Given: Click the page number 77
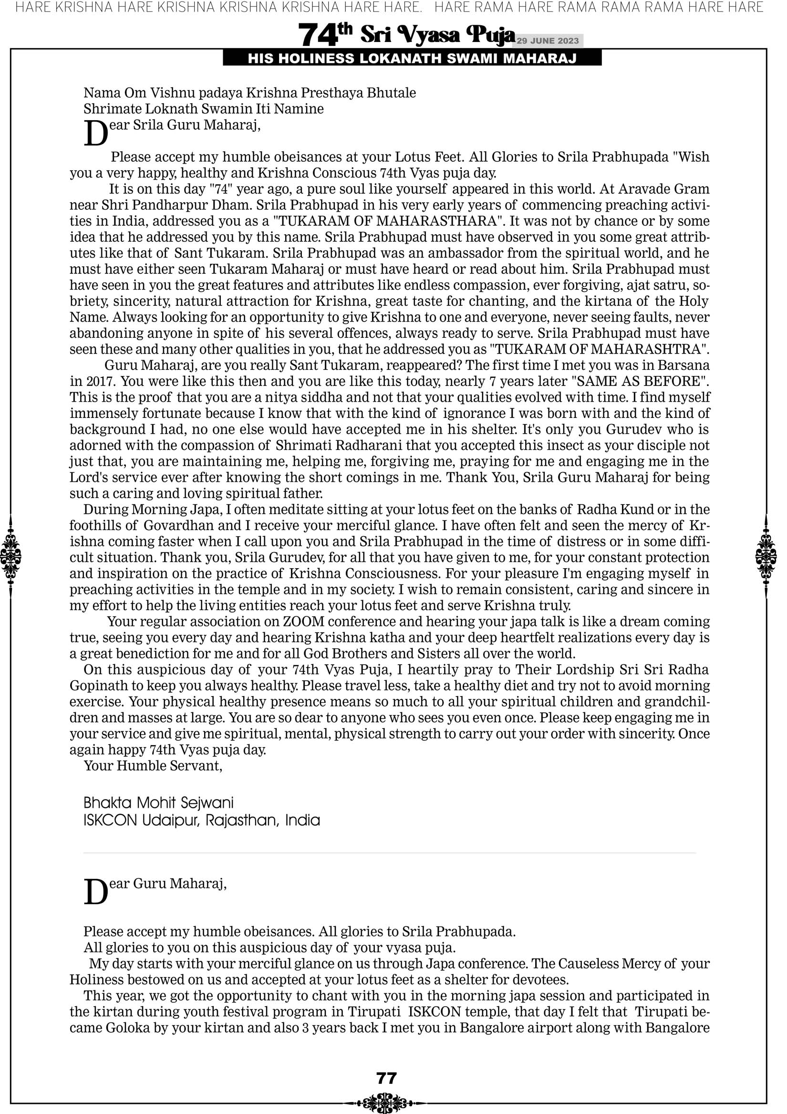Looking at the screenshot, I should click(x=386, y=1078).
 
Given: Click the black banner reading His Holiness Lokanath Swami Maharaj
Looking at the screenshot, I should click(x=412, y=59).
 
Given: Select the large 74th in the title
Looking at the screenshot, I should click(x=324, y=35).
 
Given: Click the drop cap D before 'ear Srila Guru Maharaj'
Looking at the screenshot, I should click(x=95, y=134).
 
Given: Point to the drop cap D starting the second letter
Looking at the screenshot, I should click(x=95, y=892).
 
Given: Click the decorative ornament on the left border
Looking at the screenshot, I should click(x=10, y=556).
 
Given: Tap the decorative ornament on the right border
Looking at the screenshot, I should click(x=766, y=556).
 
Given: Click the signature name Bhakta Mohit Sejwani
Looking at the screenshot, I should click(x=158, y=802).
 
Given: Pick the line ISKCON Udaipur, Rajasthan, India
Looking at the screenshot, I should click(x=201, y=821).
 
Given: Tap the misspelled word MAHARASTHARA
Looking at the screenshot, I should click(x=436, y=221).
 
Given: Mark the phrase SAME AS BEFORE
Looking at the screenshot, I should click(x=640, y=381).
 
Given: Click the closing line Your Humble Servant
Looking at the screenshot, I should click(x=153, y=766).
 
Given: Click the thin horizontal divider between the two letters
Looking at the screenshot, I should click(x=389, y=853).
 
